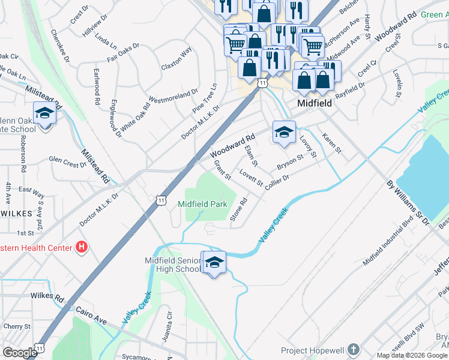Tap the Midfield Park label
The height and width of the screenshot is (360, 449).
(202, 204)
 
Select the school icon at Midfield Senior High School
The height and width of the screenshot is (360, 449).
(214, 262)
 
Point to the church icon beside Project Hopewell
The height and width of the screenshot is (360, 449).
(354, 350)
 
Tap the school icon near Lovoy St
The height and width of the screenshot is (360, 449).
(284, 132)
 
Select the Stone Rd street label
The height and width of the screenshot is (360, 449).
(239, 210)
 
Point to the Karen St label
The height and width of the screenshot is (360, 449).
(331, 143)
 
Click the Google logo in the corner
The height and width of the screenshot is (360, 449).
(20, 352)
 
